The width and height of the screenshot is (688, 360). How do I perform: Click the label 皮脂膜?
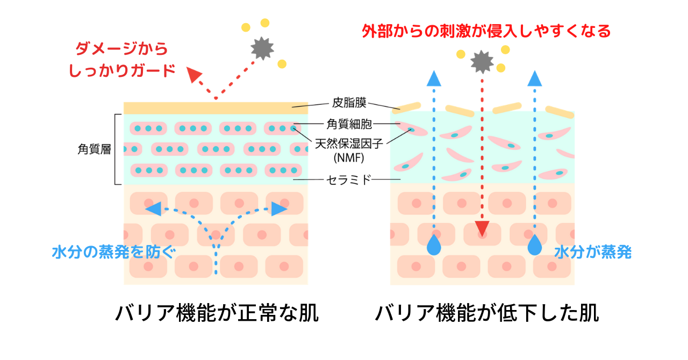(x=349, y=103)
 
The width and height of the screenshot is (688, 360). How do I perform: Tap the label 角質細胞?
(x=349, y=124)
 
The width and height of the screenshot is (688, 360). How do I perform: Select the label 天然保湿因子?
(x=349, y=144)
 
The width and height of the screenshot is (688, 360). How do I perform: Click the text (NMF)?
(x=349, y=158)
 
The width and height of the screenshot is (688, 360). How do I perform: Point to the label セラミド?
(x=349, y=180)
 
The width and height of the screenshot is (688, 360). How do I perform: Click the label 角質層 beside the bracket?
(x=94, y=149)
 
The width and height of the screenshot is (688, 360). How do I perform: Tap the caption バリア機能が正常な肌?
(x=217, y=313)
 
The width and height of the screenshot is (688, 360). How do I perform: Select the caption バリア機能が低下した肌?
(x=487, y=313)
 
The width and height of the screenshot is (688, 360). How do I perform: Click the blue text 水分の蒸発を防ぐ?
(x=114, y=253)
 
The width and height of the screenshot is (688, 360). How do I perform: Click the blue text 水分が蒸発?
(x=593, y=253)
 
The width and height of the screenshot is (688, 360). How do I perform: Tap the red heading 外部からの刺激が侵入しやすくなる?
(x=486, y=31)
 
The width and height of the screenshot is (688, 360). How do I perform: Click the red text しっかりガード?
(x=122, y=70)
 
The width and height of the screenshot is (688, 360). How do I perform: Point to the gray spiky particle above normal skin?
(x=262, y=48)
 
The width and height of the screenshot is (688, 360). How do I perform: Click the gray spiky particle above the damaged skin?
(x=482, y=62)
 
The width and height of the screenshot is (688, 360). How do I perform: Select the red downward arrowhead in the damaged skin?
(x=482, y=229)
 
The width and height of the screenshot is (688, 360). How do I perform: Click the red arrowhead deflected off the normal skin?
(x=193, y=74)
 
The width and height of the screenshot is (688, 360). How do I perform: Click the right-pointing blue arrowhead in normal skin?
(x=279, y=209)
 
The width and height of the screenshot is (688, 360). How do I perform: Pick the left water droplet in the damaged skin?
(x=434, y=245)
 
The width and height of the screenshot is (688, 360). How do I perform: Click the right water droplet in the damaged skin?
(x=535, y=245)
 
